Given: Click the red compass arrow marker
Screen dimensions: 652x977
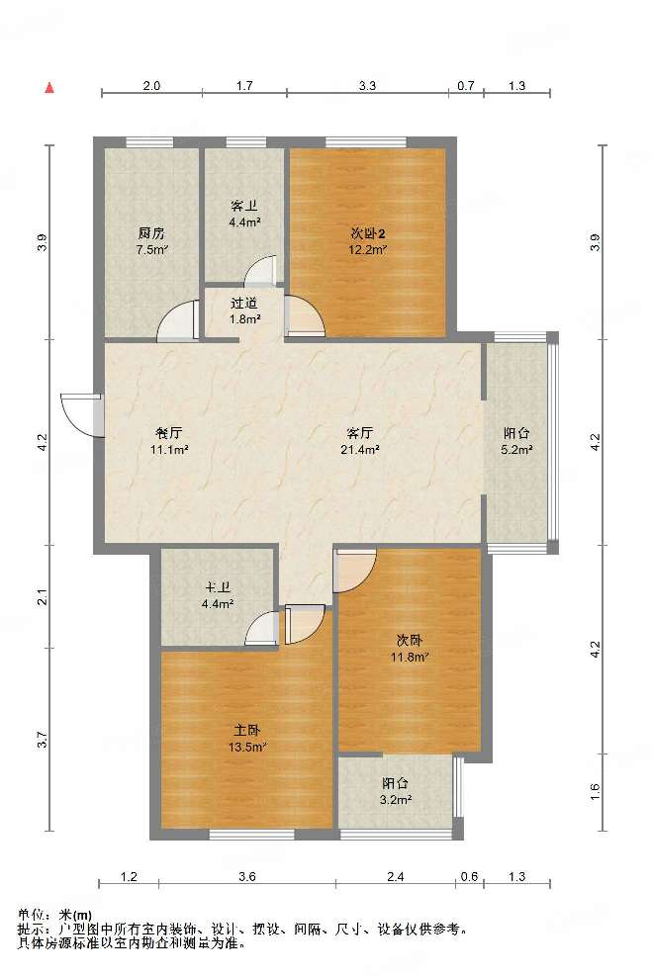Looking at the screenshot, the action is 49,88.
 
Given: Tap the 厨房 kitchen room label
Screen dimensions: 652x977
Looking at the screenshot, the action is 151,234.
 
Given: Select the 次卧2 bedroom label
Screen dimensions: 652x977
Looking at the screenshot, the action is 368,234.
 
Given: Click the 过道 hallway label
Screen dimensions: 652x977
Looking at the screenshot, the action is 244,304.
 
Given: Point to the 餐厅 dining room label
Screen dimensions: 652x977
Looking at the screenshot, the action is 168,433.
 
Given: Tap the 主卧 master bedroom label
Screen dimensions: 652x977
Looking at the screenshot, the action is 246,730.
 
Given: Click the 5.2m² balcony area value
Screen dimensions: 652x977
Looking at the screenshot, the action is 516,449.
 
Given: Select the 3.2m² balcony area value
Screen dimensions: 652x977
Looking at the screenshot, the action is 395,799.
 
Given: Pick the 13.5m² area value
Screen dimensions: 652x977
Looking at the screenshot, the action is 247,747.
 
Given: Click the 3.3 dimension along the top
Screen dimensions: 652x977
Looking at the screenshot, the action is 367,86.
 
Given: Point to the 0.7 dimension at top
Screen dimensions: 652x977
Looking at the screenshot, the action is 466,86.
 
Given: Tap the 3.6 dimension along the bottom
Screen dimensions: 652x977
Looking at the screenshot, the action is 246,877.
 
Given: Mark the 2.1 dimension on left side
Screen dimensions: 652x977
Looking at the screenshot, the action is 43,597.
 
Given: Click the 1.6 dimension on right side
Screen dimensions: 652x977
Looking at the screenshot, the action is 595,791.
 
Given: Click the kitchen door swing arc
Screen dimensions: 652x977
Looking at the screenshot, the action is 177,321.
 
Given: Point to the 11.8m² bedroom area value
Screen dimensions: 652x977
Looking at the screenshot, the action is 409,657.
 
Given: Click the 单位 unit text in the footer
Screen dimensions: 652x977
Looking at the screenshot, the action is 32,915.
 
